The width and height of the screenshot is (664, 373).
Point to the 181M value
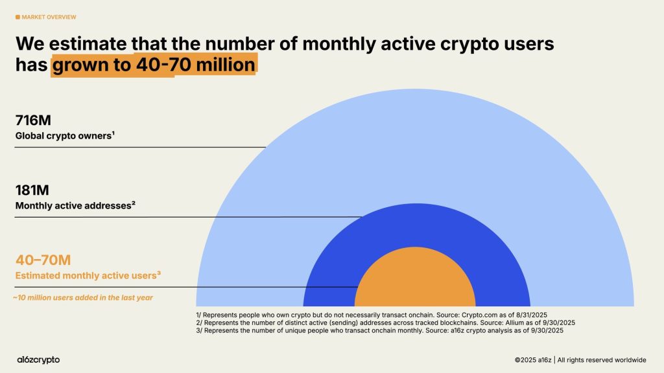coord(32,190)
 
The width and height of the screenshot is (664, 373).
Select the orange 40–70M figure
coord(43,260)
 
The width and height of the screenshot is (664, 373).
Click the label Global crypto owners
coord(65,136)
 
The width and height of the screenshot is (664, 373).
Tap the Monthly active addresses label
coord(75,206)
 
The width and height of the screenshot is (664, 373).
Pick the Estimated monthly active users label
coord(88,276)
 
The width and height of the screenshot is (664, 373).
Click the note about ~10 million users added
coord(82,298)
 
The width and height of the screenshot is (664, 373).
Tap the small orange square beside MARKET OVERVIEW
coord(18,17)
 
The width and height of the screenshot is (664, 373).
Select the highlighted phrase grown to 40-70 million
coord(154,66)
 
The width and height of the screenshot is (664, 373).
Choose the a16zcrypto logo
coord(38,359)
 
